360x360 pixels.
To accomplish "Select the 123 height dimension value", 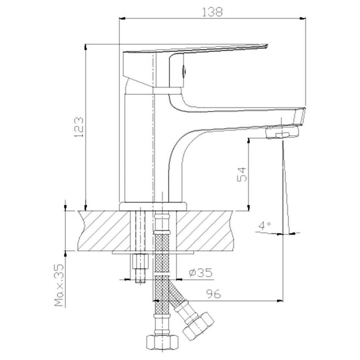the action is coord(78,127).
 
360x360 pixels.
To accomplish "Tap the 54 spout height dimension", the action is coord(242,175).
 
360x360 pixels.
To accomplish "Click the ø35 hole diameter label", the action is coord(201,273).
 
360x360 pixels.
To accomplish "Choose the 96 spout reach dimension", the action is coord(213,294).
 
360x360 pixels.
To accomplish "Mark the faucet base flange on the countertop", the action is coord(153,206).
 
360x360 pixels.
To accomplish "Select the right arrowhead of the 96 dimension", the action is coord(280,301).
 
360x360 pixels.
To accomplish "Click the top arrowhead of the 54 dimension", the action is coord(248,140).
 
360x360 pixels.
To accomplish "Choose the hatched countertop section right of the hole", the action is coord(204,230).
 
